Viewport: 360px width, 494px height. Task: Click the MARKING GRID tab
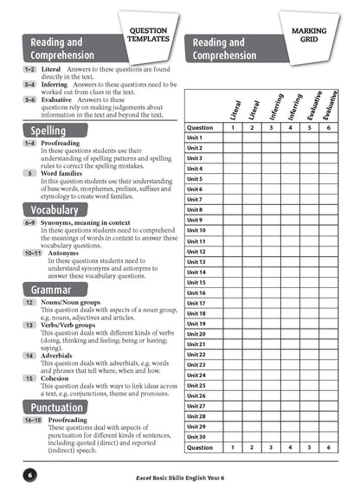pyautogui.click(x=315, y=35)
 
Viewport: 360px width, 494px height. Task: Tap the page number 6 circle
pyautogui.click(x=29, y=475)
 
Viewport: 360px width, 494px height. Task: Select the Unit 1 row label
pyautogui.click(x=195, y=138)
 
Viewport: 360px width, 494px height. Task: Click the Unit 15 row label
pyautogui.click(x=196, y=283)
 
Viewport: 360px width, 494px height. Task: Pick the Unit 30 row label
pyautogui.click(x=196, y=437)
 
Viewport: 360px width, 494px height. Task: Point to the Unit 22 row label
pyautogui.click(x=196, y=355)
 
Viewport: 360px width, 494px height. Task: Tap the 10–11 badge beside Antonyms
pyautogui.click(x=33, y=253)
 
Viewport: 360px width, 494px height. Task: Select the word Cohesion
pyautogui.click(x=57, y=377)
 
